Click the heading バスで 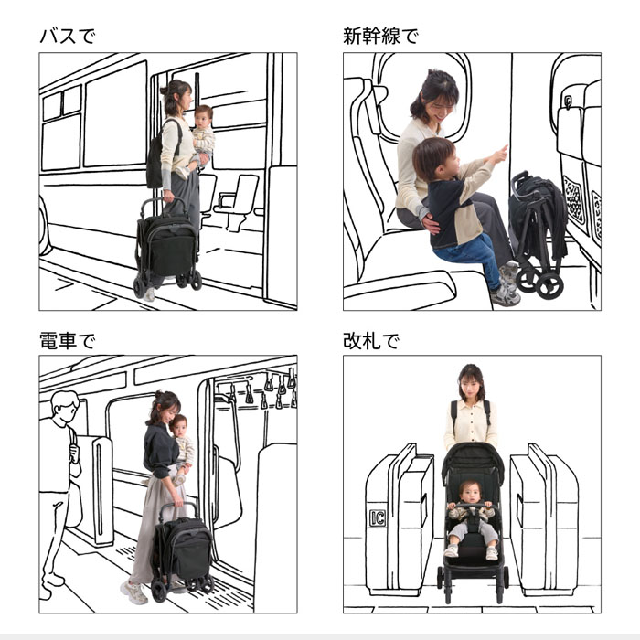[x=66, y=37]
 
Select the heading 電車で [x=66, y=341]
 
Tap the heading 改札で [x=370, y=341]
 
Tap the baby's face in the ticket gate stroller [x=471, y=495]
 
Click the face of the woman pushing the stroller [x=471, y=381]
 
